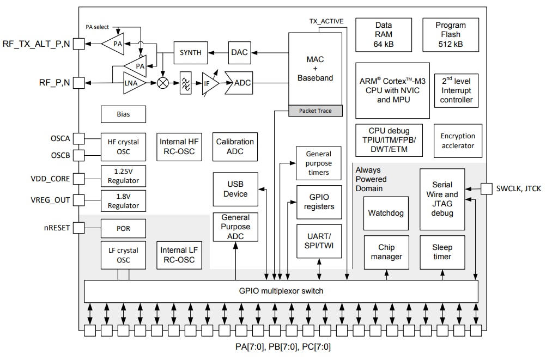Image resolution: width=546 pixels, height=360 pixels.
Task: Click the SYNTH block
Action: [191, 53]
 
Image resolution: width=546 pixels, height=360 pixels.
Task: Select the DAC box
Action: [239, 53]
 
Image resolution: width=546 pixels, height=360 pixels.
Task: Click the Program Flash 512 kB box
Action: [451, 35]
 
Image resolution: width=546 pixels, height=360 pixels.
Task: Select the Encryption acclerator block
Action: [458, 141]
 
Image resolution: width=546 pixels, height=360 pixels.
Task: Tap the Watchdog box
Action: [386, 213]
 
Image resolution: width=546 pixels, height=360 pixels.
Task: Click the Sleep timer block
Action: [442, 252]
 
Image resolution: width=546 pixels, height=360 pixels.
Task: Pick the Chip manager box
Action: [386, 252]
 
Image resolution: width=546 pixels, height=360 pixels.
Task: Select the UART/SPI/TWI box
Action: [319, 241]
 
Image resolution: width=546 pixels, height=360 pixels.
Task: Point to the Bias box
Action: [124, 114]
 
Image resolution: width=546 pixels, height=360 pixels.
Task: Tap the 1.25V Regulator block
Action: [124, 176]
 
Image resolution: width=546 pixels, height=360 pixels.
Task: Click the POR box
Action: [124, 228]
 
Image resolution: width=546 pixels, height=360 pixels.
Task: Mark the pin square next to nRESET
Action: [79, 228]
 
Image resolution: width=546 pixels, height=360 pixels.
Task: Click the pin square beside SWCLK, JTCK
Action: [487, 188]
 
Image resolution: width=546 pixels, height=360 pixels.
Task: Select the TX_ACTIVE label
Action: [326, 21]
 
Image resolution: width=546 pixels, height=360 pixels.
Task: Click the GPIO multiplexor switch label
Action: [281, 291]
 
